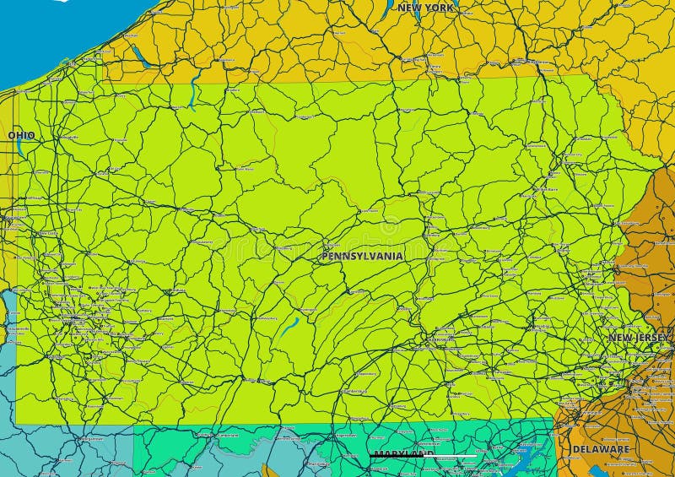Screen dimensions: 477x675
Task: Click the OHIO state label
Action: pyautogui.click(x=21, y=135)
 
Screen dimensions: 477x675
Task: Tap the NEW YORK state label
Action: pyautogui.click(x=425, y=8)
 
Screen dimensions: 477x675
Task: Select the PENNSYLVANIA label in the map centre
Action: pyautogui.click(x=362, y=255)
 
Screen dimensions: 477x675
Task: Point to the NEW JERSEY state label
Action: pyautogui.click(x=640, y=338)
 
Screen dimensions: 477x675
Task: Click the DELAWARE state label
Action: pyautogui.click(x=601, y=449)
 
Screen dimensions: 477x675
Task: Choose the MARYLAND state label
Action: pyautogui.click(x=403, y=454)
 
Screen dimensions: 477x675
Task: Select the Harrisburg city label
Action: pyautogui.click(x=440, y=339)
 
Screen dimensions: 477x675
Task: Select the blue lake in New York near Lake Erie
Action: pyautogui.click(x=140, y=57)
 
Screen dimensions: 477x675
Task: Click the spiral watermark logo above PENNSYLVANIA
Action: pyautogui.click(x=390, y=226)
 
